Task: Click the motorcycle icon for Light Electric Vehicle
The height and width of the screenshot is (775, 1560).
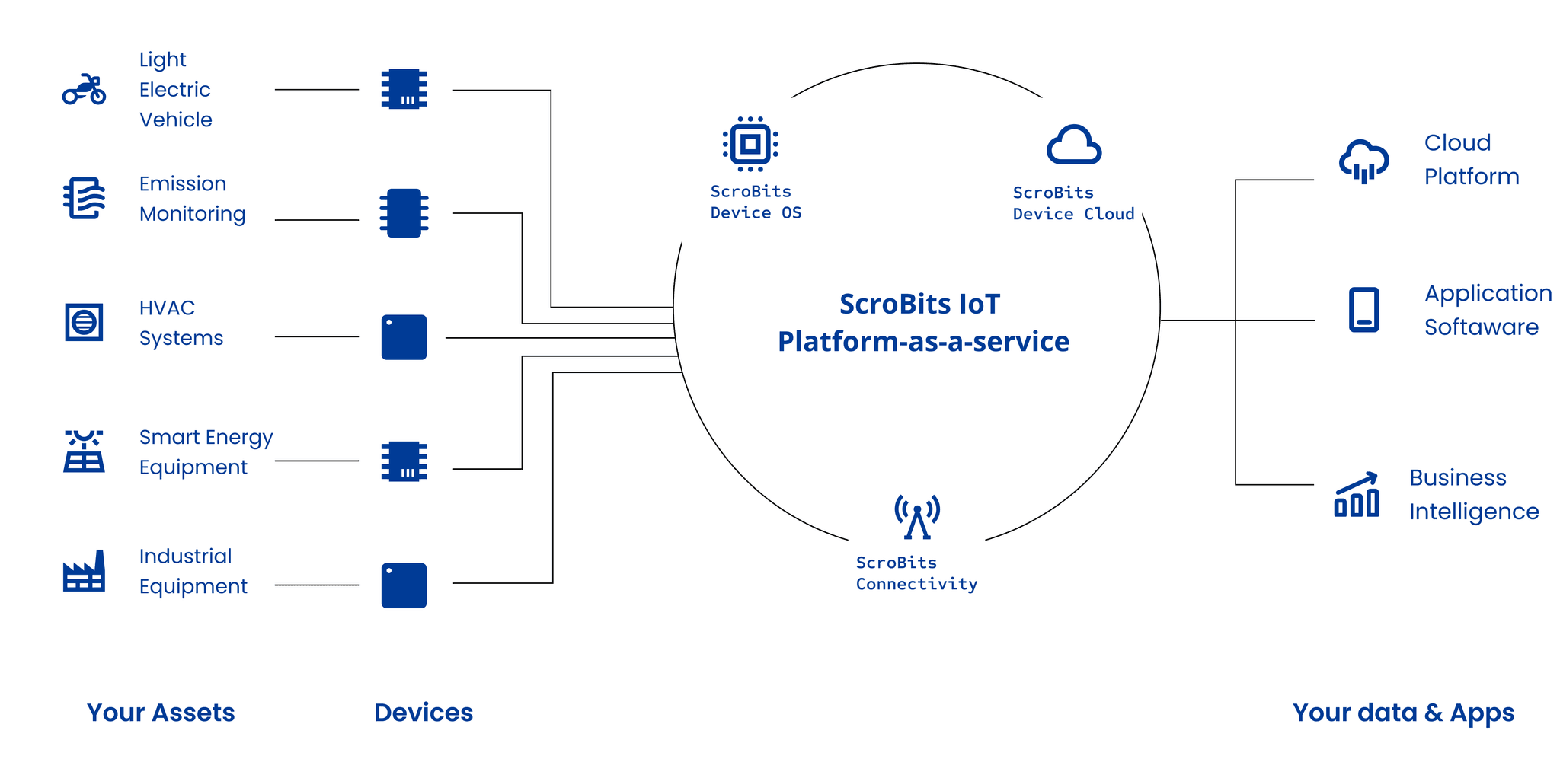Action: [x=84, y=89]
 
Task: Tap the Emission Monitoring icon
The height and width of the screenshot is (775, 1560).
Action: [x=84, y=198]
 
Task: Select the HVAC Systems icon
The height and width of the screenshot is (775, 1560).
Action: [x=84, y=321]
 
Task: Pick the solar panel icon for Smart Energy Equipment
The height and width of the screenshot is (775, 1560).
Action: [x=84, y=451]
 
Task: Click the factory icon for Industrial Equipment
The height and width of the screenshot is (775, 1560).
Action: [x=84, y=571]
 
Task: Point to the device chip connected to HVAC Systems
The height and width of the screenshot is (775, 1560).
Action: [x=404, y=337]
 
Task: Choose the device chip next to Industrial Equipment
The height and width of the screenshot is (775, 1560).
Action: [x=404, y=585]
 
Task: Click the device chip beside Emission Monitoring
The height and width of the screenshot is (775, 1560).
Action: [x=404, y=213]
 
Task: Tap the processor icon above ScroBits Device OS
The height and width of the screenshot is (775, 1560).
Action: [x=750, y=144]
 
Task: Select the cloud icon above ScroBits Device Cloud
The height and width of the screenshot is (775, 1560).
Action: [x=1074, y=145]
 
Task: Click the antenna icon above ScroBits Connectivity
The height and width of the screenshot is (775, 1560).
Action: [x=917, y=517]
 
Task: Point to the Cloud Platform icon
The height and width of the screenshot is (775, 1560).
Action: [x=1363, y=161]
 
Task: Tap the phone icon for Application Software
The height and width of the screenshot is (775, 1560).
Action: [x=1363, y=310]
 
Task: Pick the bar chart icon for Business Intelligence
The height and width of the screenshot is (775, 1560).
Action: [x=1357, y=494]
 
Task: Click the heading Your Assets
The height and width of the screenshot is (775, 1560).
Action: [x=161, y=713]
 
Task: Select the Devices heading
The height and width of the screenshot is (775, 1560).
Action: [x=424, y=713]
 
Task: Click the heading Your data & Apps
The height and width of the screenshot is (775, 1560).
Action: [x=1403, y=713]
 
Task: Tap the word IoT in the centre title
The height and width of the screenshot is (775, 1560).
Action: [x=980, y=304]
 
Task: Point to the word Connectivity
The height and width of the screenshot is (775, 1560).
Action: [x=916, y=584]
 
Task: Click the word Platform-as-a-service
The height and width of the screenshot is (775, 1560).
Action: [x=923, y=342]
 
